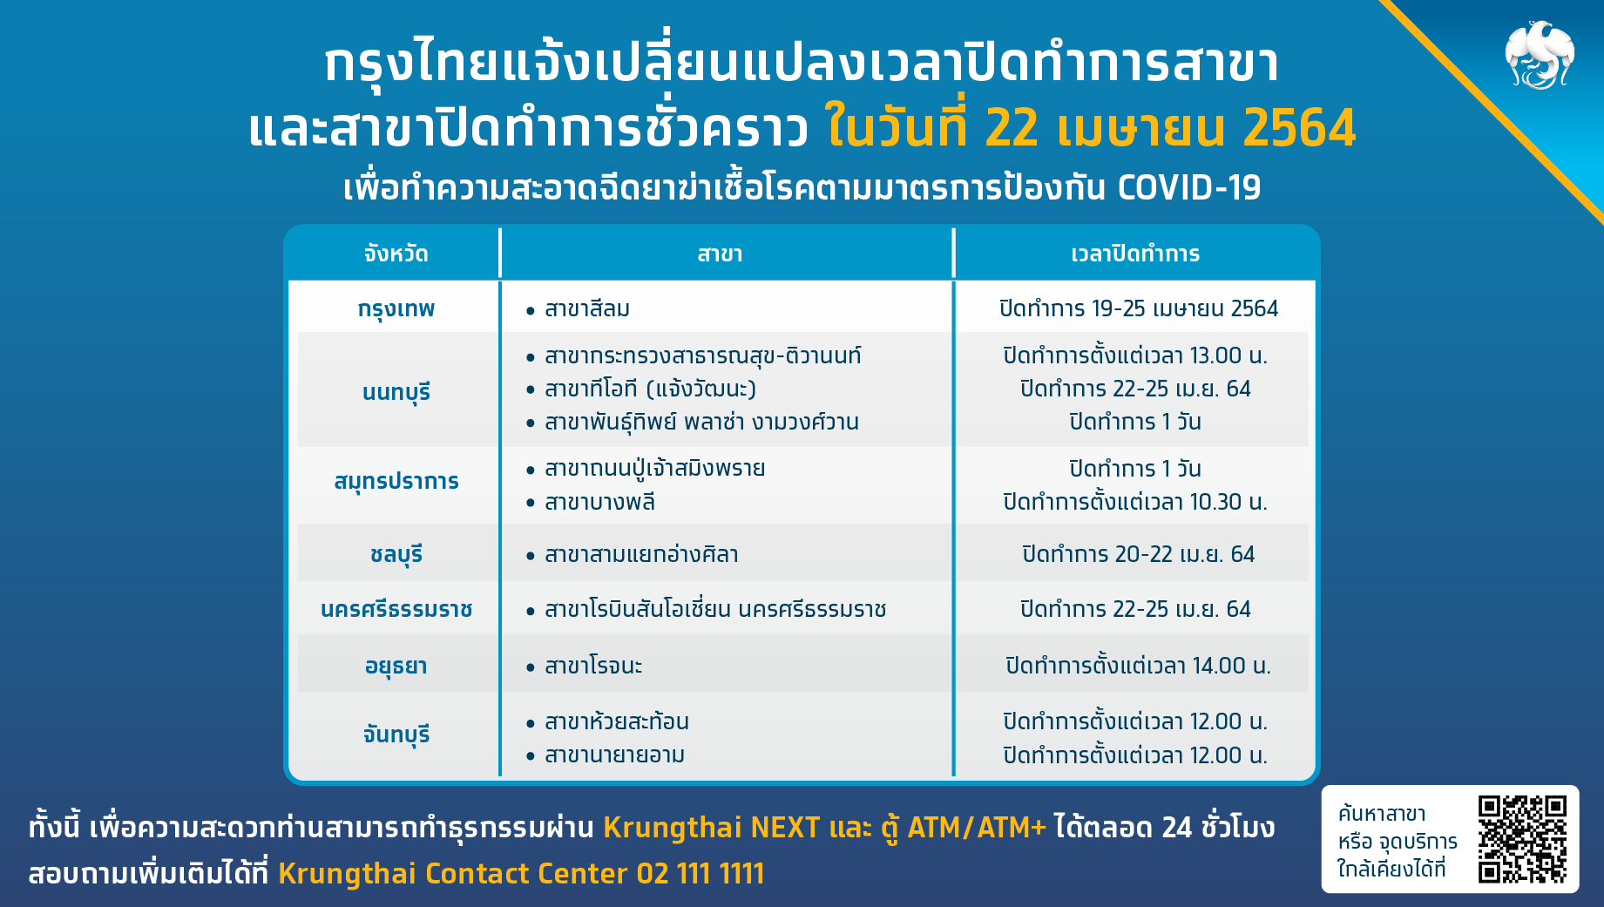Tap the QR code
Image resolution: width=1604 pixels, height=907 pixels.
pos(1522,839)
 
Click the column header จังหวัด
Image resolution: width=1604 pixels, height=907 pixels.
pos(396,254)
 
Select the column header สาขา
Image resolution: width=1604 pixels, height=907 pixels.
pos(720,254)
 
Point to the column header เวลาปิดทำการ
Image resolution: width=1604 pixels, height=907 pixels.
pos(1135,254)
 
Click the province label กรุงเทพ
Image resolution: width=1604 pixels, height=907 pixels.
pos(396,310)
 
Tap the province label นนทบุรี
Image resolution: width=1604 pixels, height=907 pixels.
pos(396,393)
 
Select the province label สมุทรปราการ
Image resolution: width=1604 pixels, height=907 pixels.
pos(396,482)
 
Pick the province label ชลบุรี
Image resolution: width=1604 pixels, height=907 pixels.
pos(396,555)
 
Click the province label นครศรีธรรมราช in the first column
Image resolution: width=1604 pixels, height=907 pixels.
pos(396,609)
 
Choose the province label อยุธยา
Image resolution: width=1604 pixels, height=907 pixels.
pos(396,667)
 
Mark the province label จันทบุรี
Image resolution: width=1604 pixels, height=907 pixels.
pos(396,734)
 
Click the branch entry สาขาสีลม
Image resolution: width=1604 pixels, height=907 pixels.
pos(587,308)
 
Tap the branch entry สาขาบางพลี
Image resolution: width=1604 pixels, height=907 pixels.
pos(599,502)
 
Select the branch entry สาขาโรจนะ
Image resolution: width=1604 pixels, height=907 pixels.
pos(593,667)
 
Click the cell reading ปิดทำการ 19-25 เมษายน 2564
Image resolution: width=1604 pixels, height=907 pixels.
pos(1138,308)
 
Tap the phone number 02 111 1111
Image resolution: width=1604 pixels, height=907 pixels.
pos(700,873)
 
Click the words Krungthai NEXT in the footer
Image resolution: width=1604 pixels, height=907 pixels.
pos(712,827)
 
